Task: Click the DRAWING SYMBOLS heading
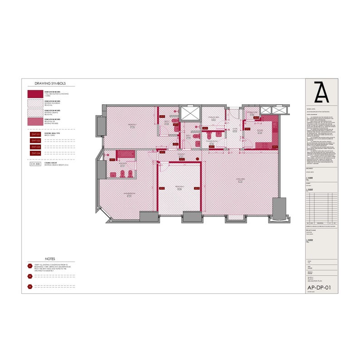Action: (x=50, y=83)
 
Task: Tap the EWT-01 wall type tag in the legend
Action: (x=35, y=135)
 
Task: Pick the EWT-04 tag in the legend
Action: (x=35, y=153)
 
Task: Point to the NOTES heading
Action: (x=50, y=258)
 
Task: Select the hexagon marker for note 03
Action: (x=30, y=287)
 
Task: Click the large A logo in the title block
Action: (x=321, y=93)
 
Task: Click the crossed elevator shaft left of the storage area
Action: (x=190, y=114)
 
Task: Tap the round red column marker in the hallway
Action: (x=198, y=158)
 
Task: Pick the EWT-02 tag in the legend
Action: (x=35, y=141)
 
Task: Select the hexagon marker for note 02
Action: (x=30, y=276)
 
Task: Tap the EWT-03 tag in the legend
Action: (x=35, y=147)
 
